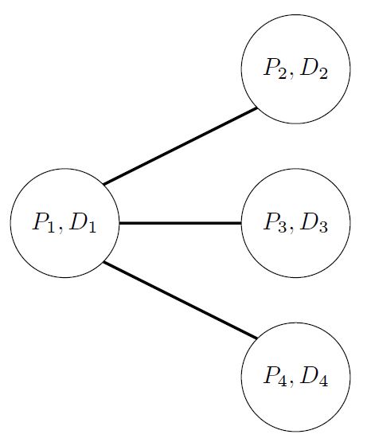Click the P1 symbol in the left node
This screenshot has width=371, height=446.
(44, 223)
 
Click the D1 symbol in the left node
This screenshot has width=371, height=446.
(82, 223)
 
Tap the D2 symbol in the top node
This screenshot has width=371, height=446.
(314, 68)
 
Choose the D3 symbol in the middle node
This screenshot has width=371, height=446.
(314, 223)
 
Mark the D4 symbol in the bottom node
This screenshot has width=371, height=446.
(314, 377)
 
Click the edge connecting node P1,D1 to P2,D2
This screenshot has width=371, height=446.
(181, 147)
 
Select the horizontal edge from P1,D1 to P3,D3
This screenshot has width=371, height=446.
(180, 223)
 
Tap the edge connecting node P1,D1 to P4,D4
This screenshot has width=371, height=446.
(181, 299)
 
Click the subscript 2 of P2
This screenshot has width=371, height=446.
(282, 73)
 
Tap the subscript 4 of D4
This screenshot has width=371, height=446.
(323, 381)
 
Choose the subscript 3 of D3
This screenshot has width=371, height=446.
(323, 228)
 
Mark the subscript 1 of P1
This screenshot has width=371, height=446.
(50, 228)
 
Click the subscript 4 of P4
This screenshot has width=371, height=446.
(282, 381)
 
